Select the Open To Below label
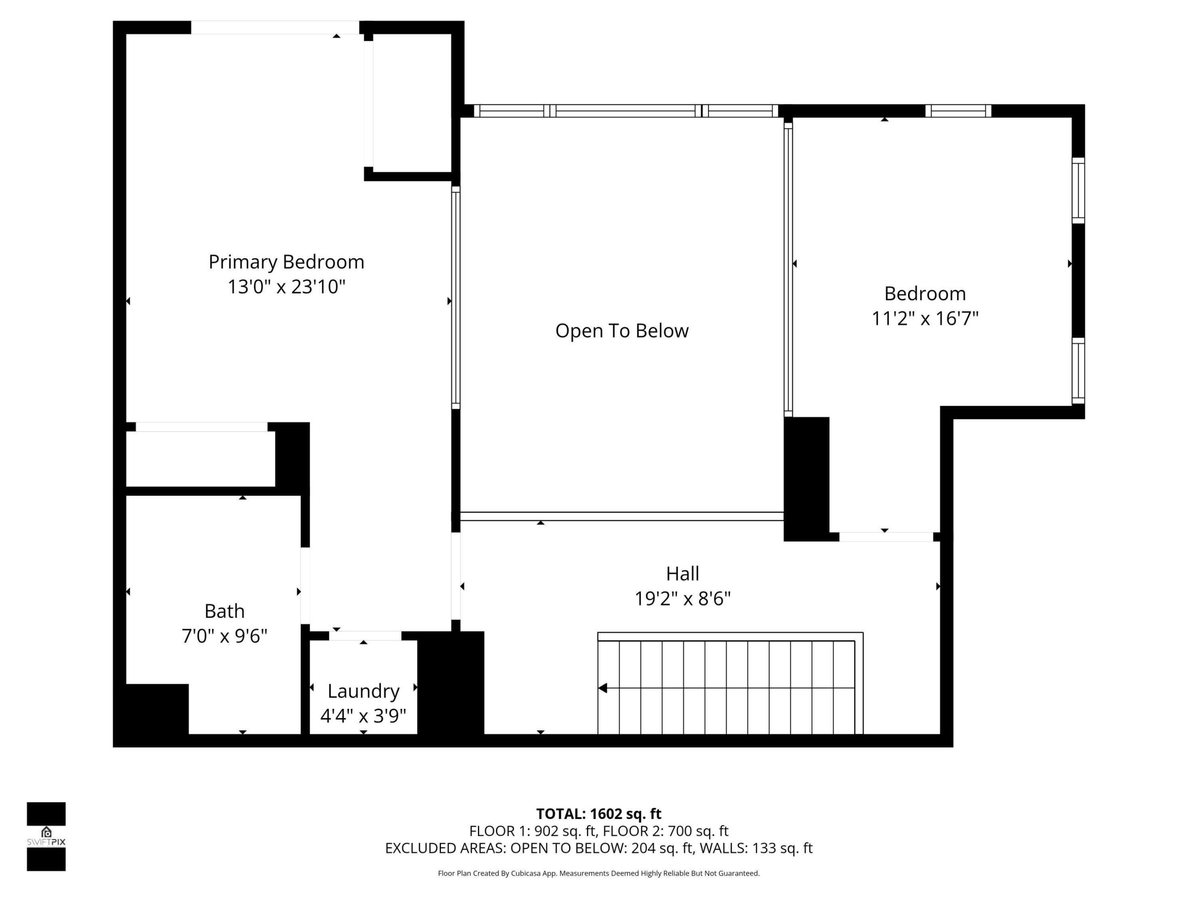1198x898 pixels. (x=622, y=331)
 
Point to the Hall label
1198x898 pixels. (x=683, y=573)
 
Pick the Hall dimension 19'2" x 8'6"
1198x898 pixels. (x=683, y=599)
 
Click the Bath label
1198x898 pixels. (x=224, y=611)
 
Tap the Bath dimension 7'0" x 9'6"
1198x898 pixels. (x=224, y=636)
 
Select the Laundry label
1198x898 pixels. (x=364, y=691)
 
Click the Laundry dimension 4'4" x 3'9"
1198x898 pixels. (x=364, y=716)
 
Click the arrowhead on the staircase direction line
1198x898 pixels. (x=603, y=688)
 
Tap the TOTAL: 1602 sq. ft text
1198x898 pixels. (x=599, y=814)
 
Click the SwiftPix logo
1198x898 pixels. (x=46, y=836)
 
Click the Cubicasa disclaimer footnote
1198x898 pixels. (x=599, y=873)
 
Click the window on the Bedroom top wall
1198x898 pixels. (x=958, y=111)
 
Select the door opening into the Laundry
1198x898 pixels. (x=365, y=636)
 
